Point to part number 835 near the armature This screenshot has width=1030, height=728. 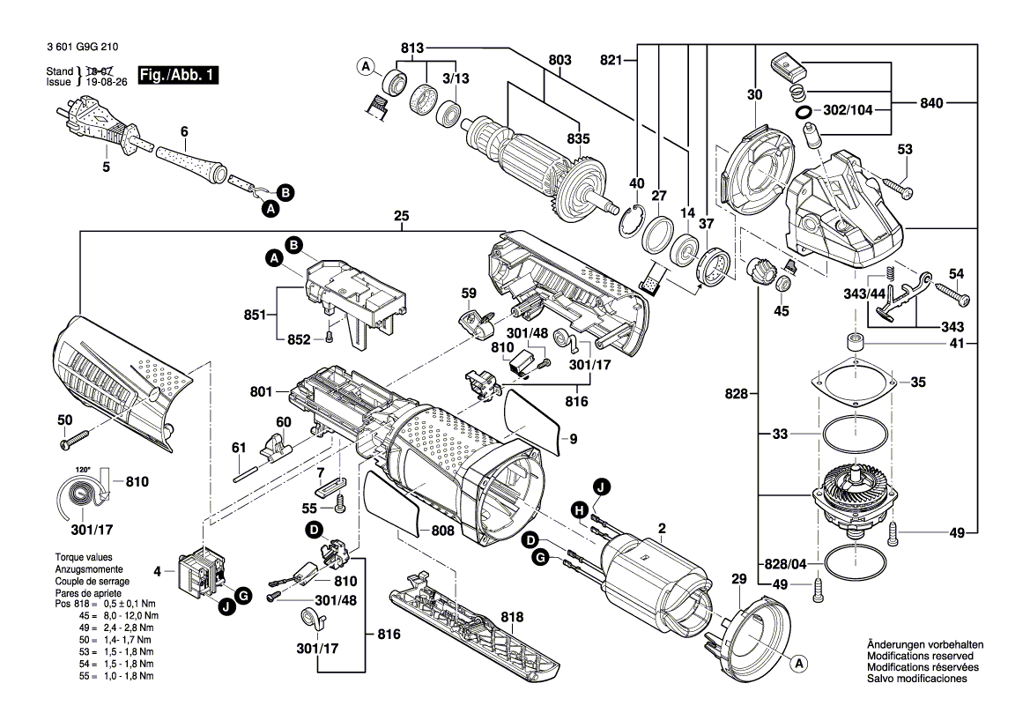click(x=578, y=138)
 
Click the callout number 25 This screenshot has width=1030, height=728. click(x=402, y=216)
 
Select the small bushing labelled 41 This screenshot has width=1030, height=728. click(x=854, y=342)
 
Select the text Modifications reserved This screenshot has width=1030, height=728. click(x=920, y=657)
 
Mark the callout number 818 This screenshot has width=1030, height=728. click(x=486, y=616)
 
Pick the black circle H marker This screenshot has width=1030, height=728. click(x=579, y=509)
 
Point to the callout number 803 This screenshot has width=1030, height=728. click(x=559, y=59)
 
